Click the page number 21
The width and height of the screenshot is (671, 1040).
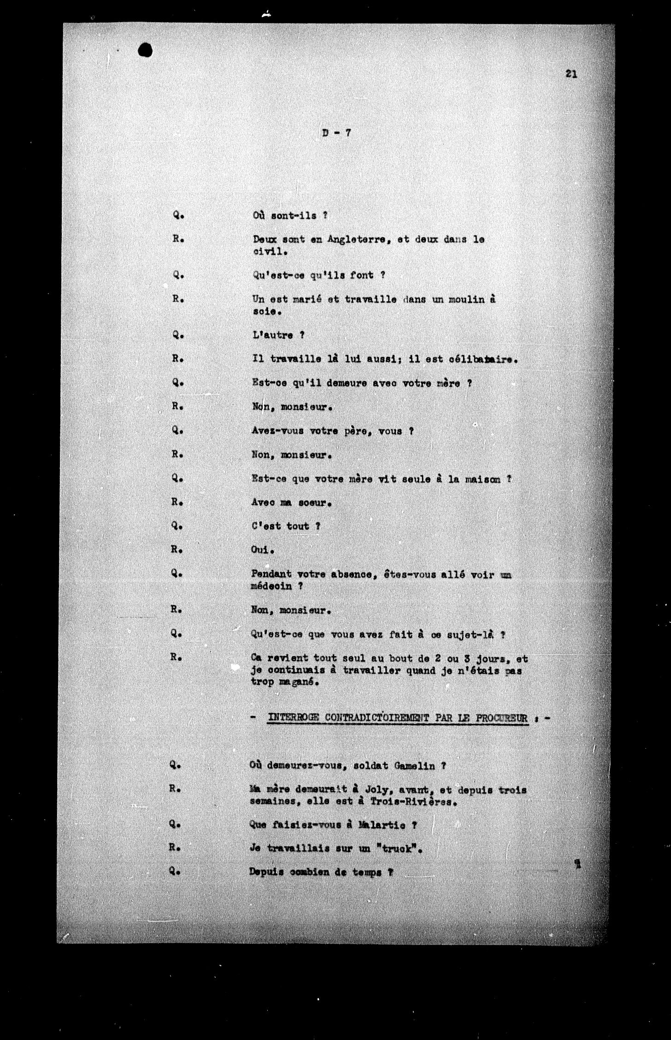pyautogui.click(x=571, y=74)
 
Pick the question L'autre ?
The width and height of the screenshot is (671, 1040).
pyautogui.click(x=278, y=335)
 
